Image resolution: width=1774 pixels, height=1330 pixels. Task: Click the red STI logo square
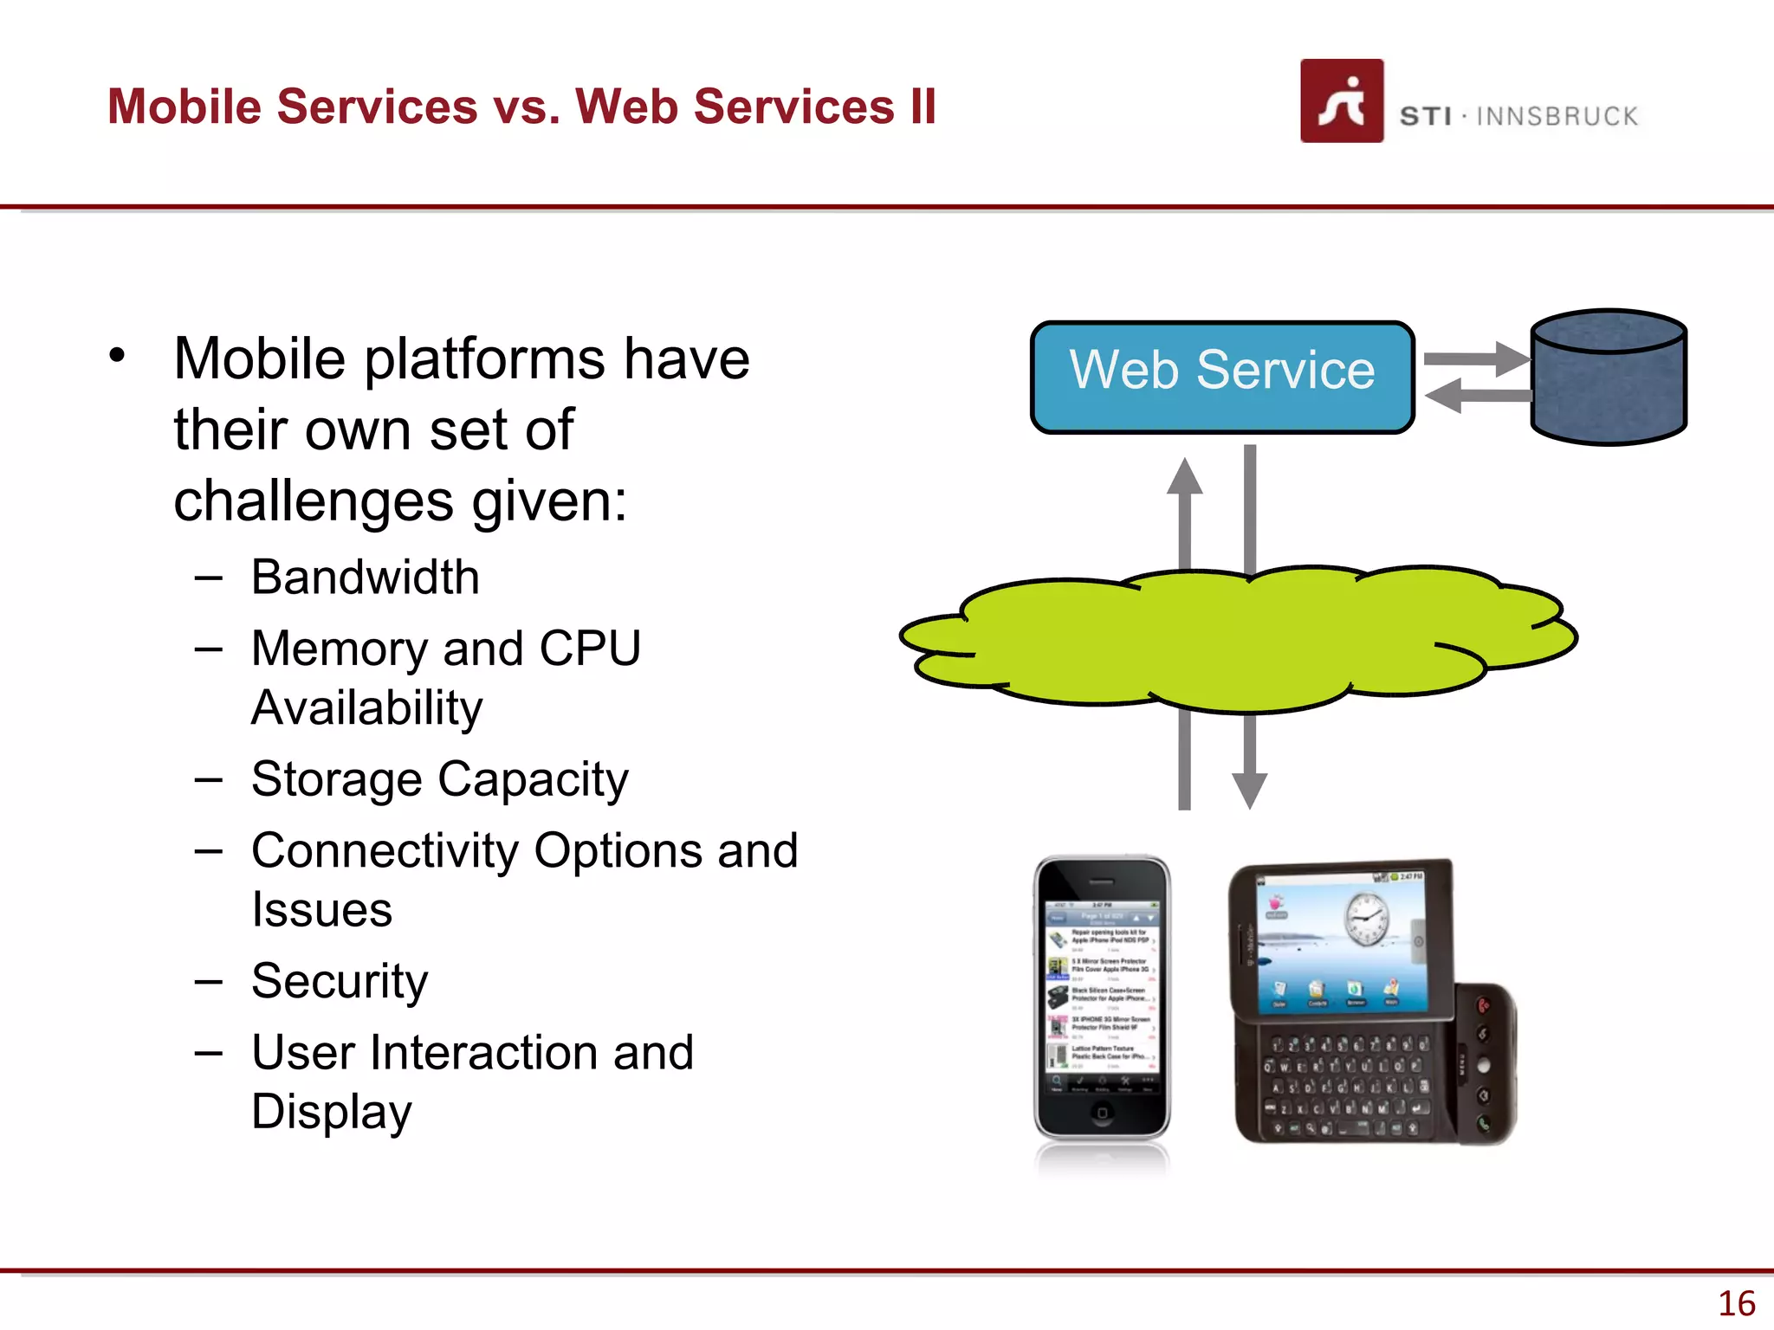tap(1341, 100)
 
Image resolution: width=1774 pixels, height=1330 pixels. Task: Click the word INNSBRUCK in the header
tap(1557, 116)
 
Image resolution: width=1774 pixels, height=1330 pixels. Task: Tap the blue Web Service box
tap(1221, 377)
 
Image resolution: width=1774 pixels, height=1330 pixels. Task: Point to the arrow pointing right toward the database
tap(1478, 358)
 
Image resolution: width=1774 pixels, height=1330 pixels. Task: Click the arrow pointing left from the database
tap(1476, 397)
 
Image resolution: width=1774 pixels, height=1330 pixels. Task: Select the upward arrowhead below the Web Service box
tap(1184, 478)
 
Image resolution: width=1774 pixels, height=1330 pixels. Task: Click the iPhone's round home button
tap(1102, 1113)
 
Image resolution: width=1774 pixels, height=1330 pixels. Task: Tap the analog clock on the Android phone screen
tap(1366, 920)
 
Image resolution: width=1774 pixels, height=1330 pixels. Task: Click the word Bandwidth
tap(365, 578)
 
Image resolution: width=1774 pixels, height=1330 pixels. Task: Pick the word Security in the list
tap(340, 981)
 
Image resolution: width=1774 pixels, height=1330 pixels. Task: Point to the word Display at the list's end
tap(332, 1112)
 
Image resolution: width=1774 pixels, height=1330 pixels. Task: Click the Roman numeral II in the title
tap(923, 107)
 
